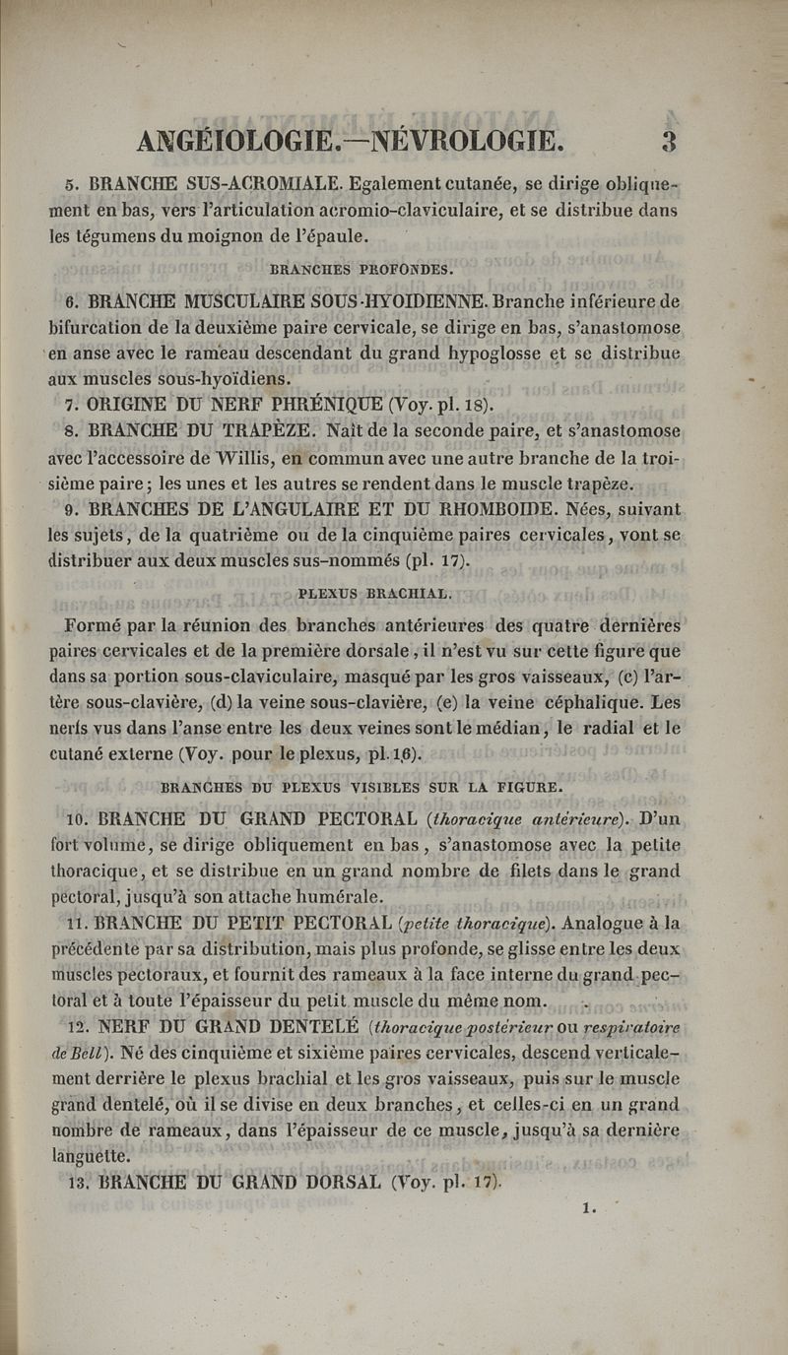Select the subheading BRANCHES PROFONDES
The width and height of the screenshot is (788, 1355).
point(361,268)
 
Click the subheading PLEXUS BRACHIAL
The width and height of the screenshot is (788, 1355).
point(374,594)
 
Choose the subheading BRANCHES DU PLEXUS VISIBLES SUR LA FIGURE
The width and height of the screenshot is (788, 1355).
point(361,787)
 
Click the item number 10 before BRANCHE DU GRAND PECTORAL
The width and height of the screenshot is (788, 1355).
point(78,819)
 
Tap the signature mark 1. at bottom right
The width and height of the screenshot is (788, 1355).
point(590,1232)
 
